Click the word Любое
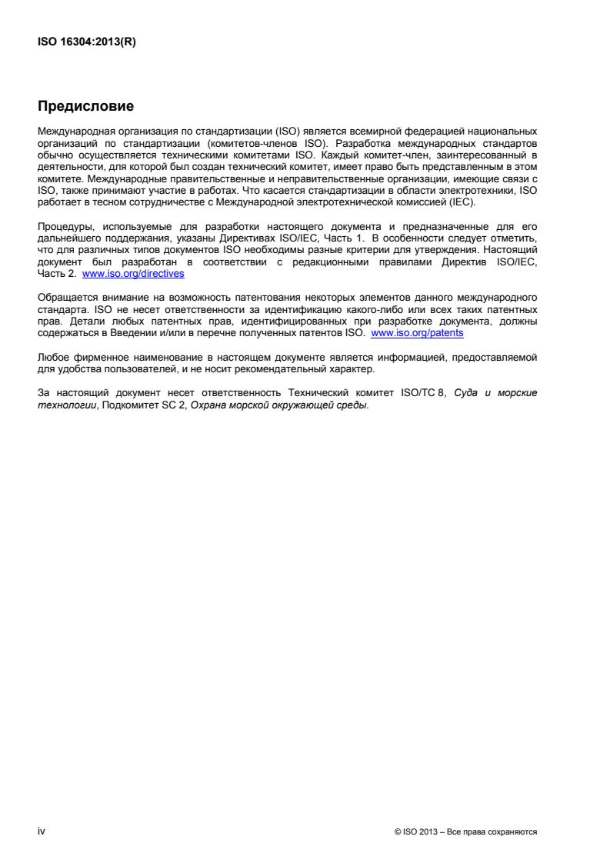pos(54,358)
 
